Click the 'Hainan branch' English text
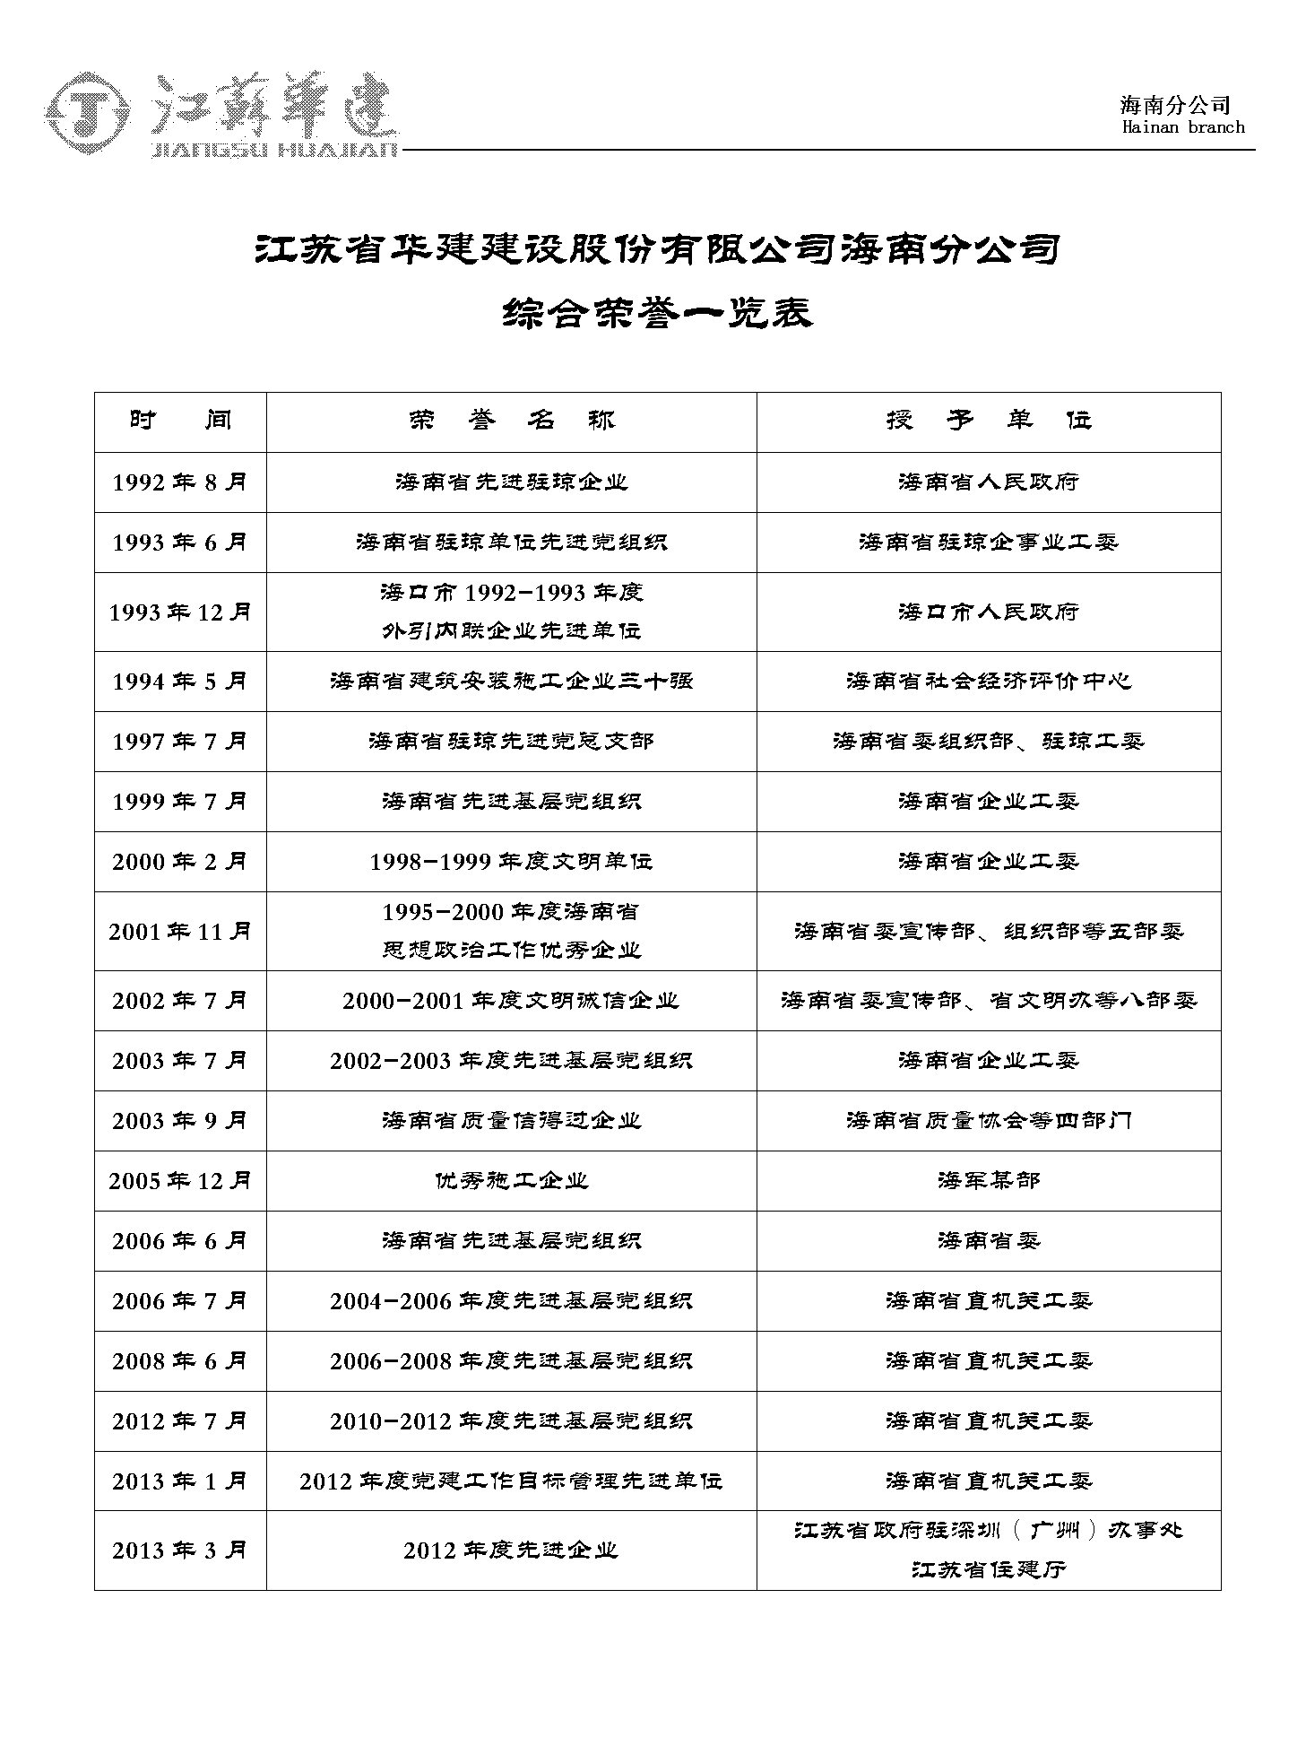1182,127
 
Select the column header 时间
180,421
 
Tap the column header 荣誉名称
511,421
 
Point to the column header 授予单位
988,421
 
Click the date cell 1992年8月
179,482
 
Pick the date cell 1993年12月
179,612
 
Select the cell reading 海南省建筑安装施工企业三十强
511,682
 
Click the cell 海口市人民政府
988,612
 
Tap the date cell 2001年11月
179,932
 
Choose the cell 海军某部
988,1181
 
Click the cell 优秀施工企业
511,1181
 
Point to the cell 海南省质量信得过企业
511,1121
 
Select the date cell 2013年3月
179,1551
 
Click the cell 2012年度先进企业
511,1551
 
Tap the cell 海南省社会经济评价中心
988,682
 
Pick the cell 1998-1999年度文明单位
511,862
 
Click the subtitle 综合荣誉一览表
657,313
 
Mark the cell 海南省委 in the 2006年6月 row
988,1241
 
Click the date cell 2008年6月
179,1361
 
